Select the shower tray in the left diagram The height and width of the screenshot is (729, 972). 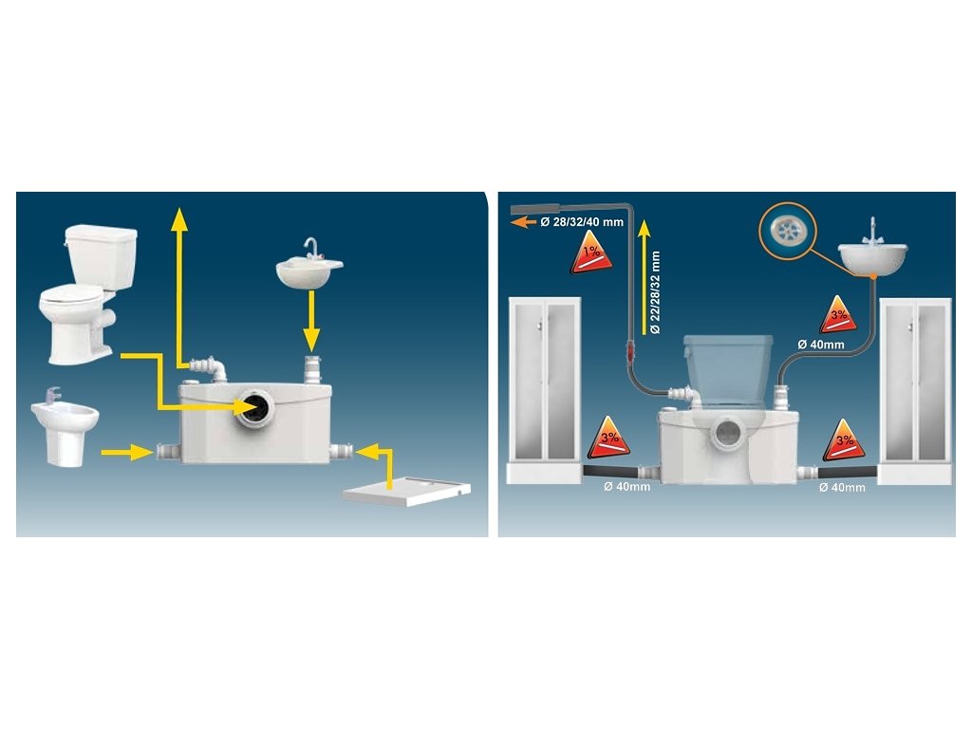pyautogui.click(x=407, y=491)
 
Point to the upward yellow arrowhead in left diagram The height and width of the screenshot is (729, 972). pyautogui.click(x=178, y=219)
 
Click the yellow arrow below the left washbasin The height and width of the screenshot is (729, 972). pyautogui.click(x=310, y=324)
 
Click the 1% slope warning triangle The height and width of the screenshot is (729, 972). pyautogui.click(x=589, y=256)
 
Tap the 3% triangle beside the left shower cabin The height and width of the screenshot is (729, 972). pyautogui.click(x=609, y=439)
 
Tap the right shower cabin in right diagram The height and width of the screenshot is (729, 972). pyautogui.click(x=916, y=389)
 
